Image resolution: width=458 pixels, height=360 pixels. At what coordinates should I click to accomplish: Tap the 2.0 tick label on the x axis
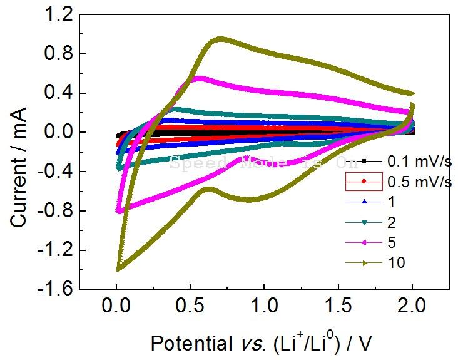pos(412,308)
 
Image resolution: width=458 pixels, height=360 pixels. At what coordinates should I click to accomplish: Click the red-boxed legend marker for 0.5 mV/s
pos(364,182)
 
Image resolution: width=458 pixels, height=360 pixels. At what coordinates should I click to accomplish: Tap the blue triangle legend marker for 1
pos(364,202)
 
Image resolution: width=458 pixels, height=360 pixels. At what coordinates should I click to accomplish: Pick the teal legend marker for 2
pos(364,222)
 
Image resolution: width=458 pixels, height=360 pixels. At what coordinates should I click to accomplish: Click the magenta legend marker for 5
pos(364,242)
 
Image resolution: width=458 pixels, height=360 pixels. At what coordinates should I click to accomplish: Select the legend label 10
pos(397,263)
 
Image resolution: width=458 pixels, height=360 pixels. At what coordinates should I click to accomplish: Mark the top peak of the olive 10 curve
pos(219,39)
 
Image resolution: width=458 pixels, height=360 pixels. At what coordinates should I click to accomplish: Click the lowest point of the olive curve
pos(118,269)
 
